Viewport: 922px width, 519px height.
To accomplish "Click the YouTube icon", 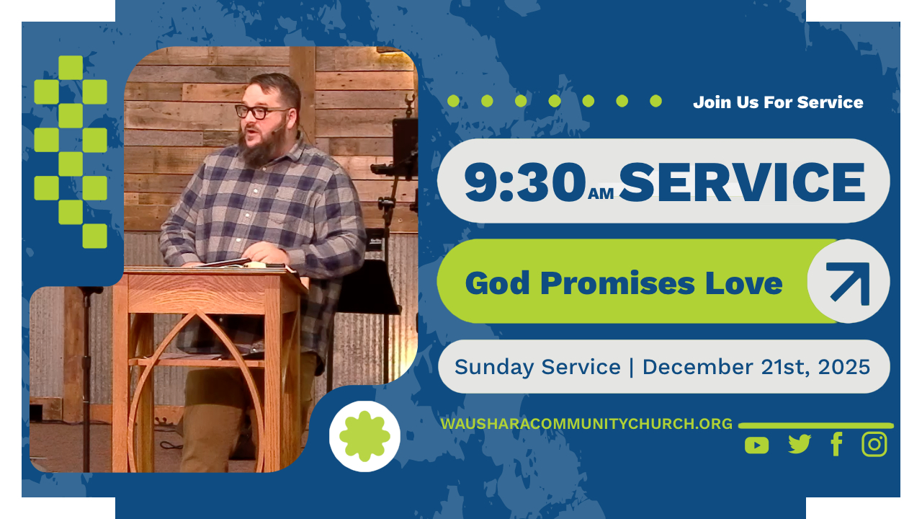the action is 756,445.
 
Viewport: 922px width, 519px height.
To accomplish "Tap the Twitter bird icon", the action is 800,444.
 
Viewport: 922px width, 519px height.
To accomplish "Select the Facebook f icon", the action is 836,444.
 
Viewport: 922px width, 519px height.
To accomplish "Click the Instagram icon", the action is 874,444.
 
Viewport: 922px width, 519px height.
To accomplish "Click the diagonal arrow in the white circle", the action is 849,282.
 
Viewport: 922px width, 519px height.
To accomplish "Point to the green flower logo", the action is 364,436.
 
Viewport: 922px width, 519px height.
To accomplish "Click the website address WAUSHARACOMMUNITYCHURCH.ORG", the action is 586,424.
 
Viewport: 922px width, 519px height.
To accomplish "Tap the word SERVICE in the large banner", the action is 742,182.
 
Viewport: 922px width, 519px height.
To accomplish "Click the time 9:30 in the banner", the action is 525,182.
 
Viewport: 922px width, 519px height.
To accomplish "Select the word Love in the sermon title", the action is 743,283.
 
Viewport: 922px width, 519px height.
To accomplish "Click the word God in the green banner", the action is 497,283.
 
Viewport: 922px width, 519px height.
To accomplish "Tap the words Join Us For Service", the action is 778,102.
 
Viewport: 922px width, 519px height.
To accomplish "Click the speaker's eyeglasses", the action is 260,112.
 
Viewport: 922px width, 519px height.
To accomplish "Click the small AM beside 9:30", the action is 601,194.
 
